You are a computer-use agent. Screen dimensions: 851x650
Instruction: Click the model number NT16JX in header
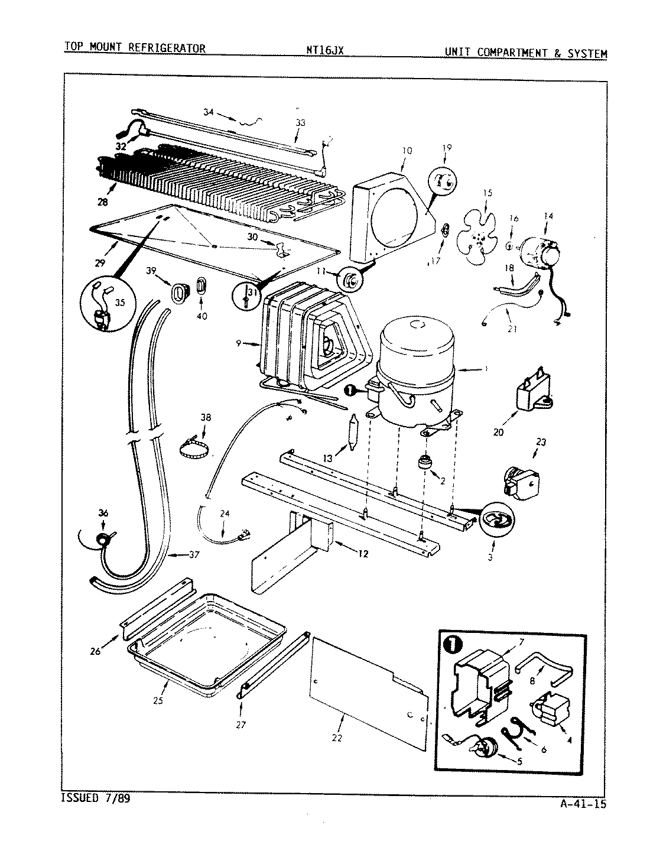point(320,50)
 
